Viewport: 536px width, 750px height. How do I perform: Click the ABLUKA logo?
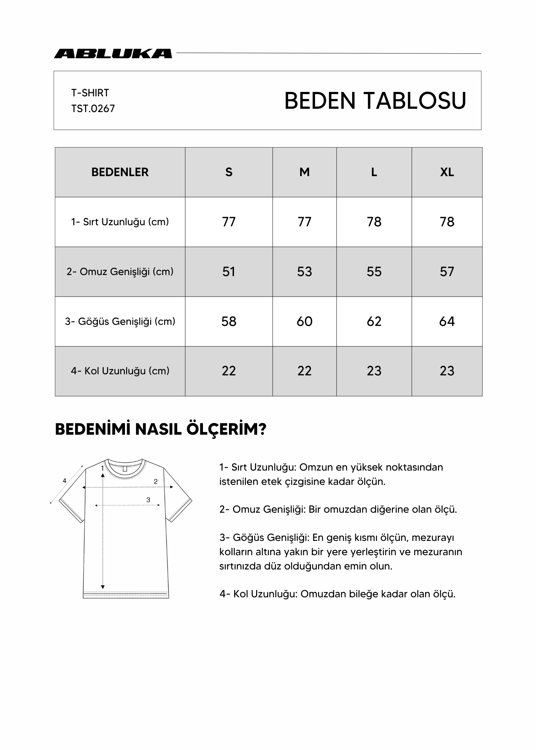click(113, 53)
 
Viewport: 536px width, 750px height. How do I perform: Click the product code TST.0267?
click(93, 109)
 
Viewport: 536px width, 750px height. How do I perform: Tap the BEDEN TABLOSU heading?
click(375, 101)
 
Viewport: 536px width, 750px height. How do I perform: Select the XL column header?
click(447, 172)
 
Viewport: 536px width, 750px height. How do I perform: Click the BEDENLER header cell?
click(120, 172)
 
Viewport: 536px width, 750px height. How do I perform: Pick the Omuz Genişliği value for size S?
click(229, 272)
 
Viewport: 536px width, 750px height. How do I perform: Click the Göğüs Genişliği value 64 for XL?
click(447, 322)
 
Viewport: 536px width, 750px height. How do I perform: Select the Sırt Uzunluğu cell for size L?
click(374, 222)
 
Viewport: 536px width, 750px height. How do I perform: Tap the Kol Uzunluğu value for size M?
click(304, 371)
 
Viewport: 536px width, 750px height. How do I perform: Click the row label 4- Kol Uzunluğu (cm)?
click(120, 371)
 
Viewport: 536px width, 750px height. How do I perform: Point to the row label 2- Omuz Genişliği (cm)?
click(120, 272)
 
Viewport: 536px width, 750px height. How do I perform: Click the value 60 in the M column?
click(304, 322)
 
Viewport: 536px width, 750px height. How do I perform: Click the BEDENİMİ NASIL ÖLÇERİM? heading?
click(160, 429)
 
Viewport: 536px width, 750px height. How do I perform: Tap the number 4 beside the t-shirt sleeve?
click(64, 481)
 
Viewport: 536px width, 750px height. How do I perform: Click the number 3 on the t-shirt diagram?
click(148, 500)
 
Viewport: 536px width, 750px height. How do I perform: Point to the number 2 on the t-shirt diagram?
click(156, 482)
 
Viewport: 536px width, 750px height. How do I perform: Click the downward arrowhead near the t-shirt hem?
click(103, 587)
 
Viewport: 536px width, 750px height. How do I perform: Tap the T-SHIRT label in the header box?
click(90, 93)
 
